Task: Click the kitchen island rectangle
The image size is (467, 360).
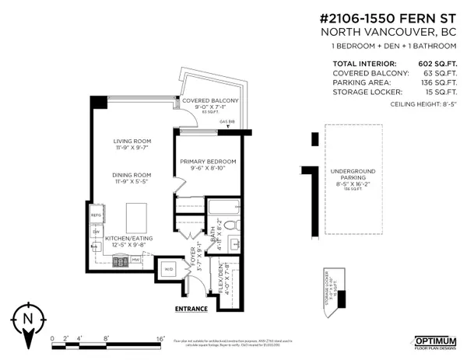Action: tap(136, 213)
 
